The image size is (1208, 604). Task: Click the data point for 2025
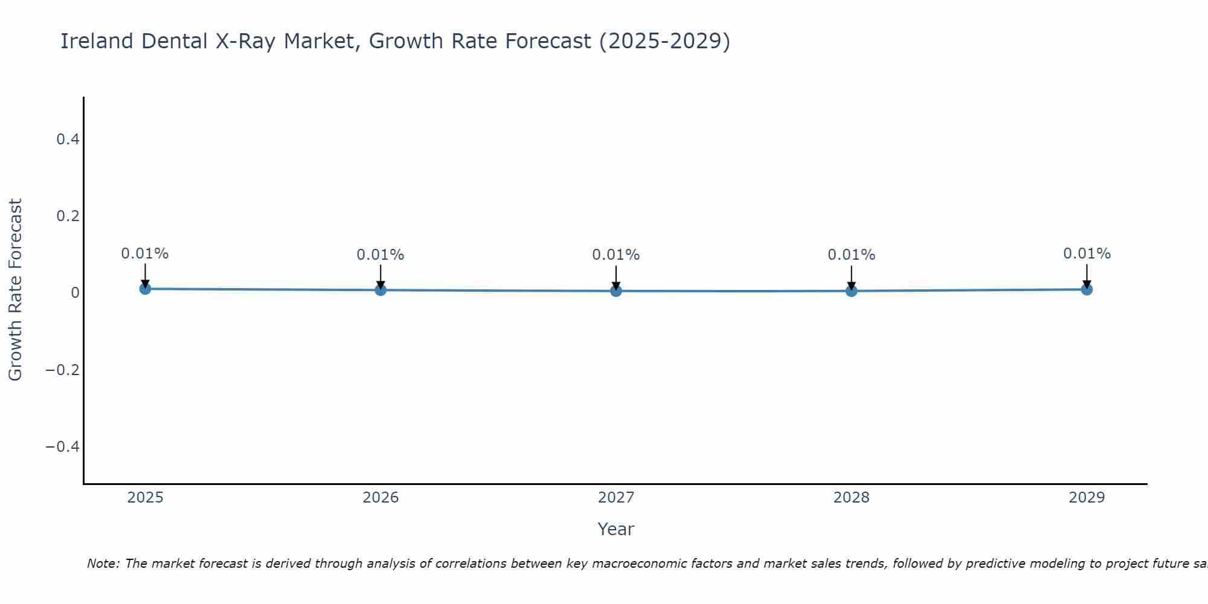pos(145,289)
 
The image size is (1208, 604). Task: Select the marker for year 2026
pos(381,290)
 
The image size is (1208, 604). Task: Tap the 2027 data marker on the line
pos(616,291)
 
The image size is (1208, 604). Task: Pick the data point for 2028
pos(852,291)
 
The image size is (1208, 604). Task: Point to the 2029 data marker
pos(1087,289)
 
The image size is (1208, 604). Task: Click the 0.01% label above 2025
pos(145,254)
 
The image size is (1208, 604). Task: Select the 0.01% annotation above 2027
pos(616,255)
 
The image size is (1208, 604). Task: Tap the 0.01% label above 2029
pos(1087,254)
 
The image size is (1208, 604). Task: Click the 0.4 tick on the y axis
pos(68,140)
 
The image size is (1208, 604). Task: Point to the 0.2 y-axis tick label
pos(68,216)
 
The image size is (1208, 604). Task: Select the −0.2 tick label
pos(63,370)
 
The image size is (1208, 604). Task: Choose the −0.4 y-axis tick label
pos(63,446)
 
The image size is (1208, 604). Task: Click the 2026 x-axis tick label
pos(381,498)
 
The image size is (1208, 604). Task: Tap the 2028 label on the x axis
pos(852,498)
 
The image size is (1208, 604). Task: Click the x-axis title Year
pos(615,529)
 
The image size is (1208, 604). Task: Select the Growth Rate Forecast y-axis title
pos(15,290)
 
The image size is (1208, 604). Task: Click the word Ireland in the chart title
pos(97,41)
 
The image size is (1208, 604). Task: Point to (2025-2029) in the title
pos(664,41)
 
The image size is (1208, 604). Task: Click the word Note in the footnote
pos(103,564)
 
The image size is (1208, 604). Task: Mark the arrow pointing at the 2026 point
pos(381,277)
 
